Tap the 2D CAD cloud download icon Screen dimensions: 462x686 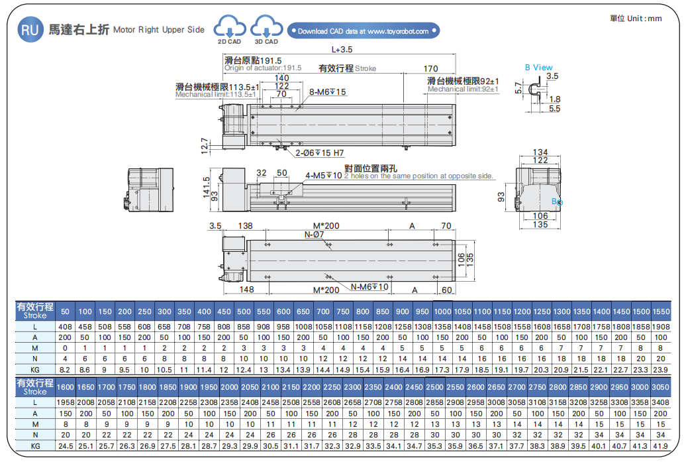[x=229, y=28]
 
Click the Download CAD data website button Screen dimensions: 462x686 [x=363, y=30]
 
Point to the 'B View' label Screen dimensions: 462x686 [x=538, y=67]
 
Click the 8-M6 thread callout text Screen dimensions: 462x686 [x=328, y=91]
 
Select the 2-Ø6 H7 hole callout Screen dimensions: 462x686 [x=320, y=153]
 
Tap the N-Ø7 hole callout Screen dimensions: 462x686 [x=314, y=235]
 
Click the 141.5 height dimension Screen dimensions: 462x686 [x=206, y=188]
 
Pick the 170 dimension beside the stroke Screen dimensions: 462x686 [x=430, y=68]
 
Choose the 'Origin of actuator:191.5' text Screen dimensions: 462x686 [x=263, y=68]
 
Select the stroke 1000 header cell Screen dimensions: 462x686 [x=442, y=312]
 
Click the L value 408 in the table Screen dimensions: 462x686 [x=65, y=327]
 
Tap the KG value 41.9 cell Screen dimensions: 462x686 [x=660, y=446]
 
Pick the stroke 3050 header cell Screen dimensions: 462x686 [x=660, y=387]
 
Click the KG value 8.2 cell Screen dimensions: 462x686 [x=65, y=368]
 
